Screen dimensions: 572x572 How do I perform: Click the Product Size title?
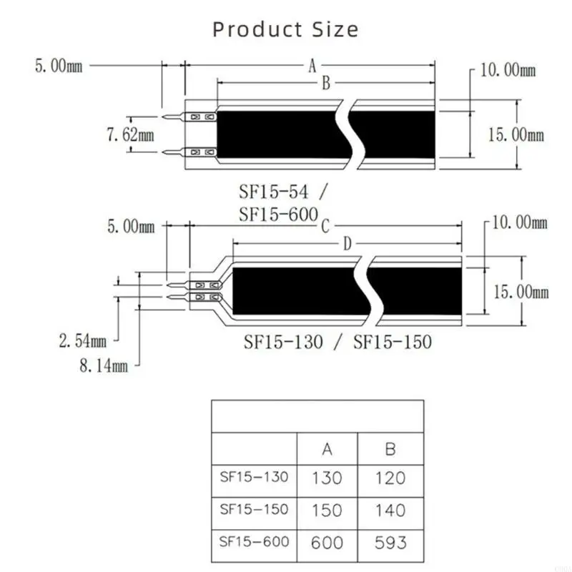tap(285, 29)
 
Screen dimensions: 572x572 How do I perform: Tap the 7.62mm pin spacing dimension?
tap(129, 134)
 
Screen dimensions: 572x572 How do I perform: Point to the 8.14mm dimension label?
tap(104, 366)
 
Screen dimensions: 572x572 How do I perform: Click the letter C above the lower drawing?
tap(325, 227)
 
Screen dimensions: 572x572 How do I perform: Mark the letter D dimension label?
tap(347, 245)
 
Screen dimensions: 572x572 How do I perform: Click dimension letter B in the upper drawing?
tap(325, 84)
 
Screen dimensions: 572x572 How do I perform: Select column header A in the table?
tap(327, 449)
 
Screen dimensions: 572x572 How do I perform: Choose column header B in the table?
tap(390, 449)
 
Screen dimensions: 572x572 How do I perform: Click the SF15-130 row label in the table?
tap(255, 477)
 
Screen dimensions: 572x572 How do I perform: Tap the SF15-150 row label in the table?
tap(255, 509)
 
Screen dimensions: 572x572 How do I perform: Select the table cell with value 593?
tap(390, 542)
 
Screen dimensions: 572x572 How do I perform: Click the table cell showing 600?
tap(327, 542)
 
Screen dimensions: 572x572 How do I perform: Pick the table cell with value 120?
tap(390, 478)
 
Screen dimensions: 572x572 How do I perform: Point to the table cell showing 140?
tap(390, 510)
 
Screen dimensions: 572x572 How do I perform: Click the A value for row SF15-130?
tap(327, 478)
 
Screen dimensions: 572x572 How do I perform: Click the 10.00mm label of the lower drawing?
tap(520, 222)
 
